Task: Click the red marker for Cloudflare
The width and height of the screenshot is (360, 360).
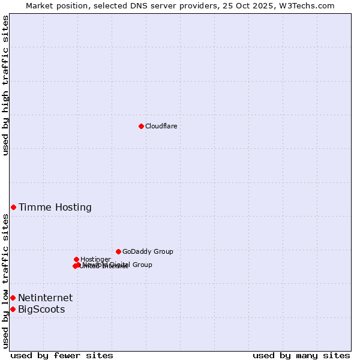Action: tap(141, 126)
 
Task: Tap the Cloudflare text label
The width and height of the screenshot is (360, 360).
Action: tap(161, 126)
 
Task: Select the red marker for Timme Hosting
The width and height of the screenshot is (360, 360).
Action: tap(13, 207)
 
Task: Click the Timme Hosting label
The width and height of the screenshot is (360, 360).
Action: tap(55, 208)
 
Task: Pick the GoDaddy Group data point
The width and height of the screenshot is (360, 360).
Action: tap(118, 251)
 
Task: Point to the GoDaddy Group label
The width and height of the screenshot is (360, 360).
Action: tap(148, 251)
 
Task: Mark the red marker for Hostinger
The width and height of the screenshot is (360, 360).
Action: tap(76, 259)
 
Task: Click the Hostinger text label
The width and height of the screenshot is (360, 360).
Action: tap(95, 259)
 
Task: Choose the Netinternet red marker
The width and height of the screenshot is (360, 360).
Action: tap(13, 298)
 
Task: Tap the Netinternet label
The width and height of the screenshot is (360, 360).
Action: tap(46, 298)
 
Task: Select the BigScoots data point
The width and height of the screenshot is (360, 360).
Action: tap(13, 309)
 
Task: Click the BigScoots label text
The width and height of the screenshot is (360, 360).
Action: tap(41, 310)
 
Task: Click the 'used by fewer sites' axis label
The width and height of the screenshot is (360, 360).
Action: tap(62, 355)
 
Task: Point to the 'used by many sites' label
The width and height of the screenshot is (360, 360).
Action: tap(301, 355)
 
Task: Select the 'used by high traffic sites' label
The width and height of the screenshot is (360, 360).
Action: tap(5, 86)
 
